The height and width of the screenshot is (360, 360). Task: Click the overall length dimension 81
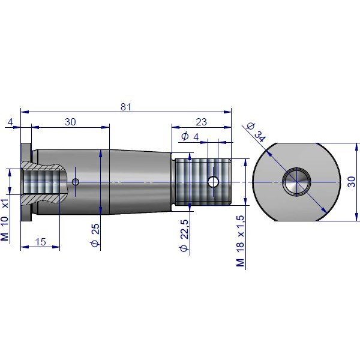[126, 107]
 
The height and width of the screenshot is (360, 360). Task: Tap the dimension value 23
[201, 122]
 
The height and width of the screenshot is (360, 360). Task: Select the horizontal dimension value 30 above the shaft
[70, 122]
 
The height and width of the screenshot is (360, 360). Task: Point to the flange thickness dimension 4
[10, 122]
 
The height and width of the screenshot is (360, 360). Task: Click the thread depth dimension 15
[41, 242]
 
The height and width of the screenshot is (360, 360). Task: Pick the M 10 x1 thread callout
[5, 220]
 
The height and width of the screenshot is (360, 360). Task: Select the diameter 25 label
[95, 235]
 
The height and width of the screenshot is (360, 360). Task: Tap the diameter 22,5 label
[184, 235]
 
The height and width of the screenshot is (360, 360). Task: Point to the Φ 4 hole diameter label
[190, 137]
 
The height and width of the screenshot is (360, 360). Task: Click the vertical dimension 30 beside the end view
[351, 182]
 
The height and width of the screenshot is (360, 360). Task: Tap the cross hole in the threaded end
[213, 182]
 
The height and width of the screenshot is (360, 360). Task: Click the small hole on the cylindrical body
[76, 182]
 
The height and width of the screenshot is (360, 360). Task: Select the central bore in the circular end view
[296, 182]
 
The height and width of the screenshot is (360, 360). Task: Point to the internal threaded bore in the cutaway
[41, 182]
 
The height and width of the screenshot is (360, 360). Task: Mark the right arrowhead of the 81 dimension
[227, 112]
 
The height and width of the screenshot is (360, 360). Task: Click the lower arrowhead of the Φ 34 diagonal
[324, 210]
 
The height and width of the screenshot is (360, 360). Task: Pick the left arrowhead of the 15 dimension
[25, 247]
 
